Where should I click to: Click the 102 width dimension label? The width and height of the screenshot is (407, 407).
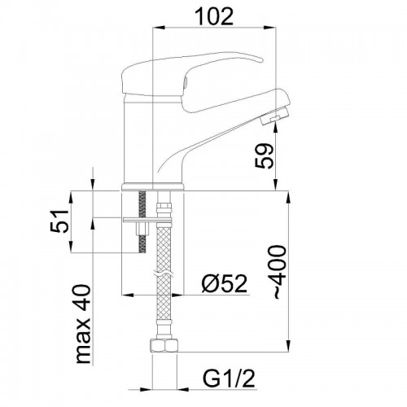pyautogui.click(x=214, y=16)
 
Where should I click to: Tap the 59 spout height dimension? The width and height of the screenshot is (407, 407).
pyautogui.click(x=265, y=155)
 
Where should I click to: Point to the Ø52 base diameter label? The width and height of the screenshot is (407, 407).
pyautogui.click(x=225, y=283)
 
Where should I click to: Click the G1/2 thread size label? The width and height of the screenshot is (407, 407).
pyautogui.click(x=229, y=379)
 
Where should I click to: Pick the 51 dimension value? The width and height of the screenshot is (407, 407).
pyautogui.click(x=59, y=221)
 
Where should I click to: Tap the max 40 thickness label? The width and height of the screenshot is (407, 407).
pyautogui.click(x=83, y=324)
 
